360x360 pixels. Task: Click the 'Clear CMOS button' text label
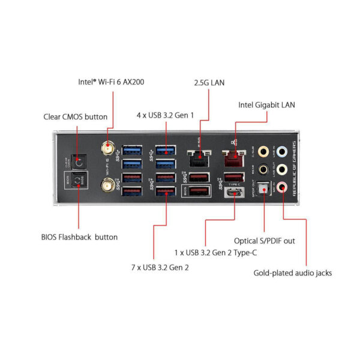(76, 116)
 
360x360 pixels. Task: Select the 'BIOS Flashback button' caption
(80, 237)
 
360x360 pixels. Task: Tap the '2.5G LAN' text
(208, 82)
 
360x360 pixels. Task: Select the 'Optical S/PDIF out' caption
(265, 241)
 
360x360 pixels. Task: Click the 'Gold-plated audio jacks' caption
(293, 273)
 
